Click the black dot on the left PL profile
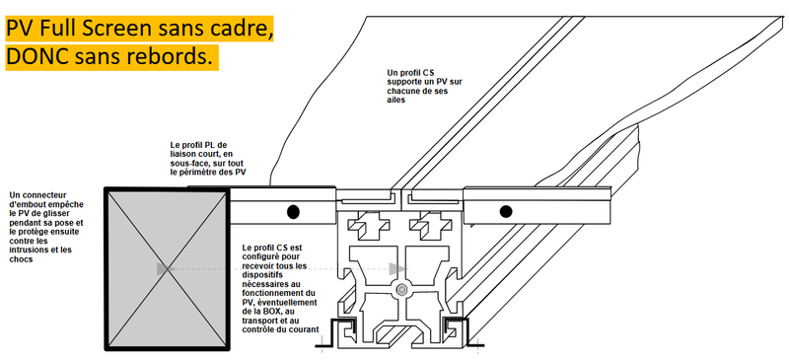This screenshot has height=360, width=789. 293,212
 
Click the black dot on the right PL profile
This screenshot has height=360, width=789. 506,211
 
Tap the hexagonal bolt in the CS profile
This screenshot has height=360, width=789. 401,290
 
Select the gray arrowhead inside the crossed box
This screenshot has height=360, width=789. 163,269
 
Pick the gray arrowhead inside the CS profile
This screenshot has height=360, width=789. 397,269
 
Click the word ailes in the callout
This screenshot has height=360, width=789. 396,101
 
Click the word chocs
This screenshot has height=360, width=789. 20,259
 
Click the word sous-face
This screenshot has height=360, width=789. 188,163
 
